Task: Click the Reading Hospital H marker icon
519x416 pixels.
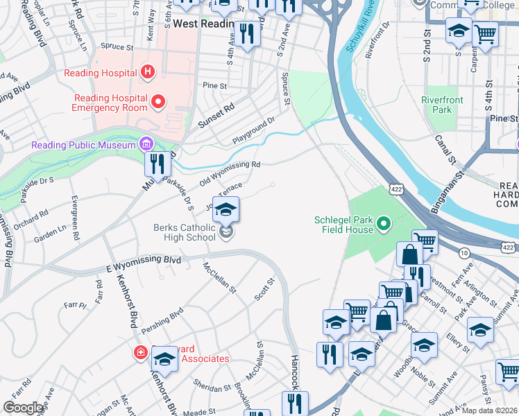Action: point(146,71)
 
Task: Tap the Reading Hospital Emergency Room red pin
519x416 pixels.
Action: point(158,103)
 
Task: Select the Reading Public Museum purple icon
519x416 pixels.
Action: point(146,145)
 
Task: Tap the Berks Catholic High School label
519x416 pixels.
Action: point(184,232)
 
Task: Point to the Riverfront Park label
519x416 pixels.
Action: point(442,105)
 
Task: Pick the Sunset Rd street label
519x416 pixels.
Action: point(216,118)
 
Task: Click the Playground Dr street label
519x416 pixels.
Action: point(254,130)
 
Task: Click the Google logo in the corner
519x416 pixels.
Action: point(23,408)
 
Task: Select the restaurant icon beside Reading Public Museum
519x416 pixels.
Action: point(158,164)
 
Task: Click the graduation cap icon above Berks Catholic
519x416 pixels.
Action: point(226,209)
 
